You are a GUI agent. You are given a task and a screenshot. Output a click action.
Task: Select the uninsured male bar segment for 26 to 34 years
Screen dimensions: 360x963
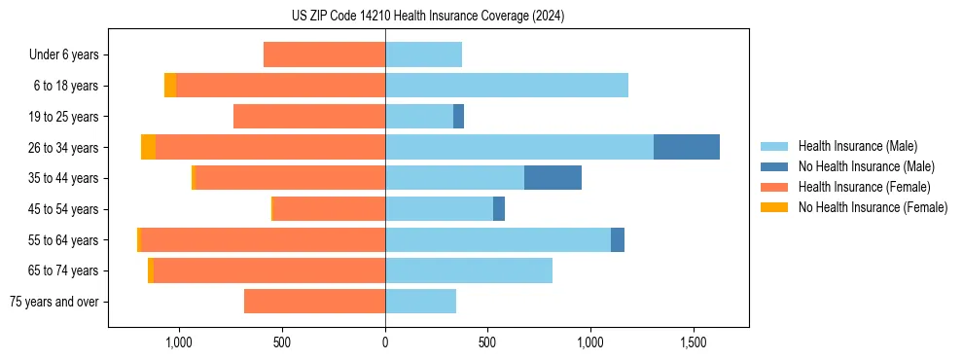point(686,147)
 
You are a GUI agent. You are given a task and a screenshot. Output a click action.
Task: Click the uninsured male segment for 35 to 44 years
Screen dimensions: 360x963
point(553,178)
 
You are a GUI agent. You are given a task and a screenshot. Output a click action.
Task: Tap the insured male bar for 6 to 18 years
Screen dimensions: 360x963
point(507,86)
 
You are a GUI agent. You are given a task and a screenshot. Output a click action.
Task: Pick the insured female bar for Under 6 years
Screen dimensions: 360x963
point(324,54)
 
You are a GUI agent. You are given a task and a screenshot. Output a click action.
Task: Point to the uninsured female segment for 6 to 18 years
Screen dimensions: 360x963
point(170,86)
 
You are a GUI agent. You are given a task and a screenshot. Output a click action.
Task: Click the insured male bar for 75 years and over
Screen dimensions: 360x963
point(420,302)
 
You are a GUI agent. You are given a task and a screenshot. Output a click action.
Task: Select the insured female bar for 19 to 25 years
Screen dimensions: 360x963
point(309,117)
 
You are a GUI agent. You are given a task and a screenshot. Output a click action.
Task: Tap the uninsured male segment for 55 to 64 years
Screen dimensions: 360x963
point(618,239)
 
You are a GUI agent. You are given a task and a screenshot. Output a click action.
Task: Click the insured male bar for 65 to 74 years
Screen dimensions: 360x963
point(469,270)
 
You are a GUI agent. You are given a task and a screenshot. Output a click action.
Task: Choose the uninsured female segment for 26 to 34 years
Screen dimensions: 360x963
point(148,147)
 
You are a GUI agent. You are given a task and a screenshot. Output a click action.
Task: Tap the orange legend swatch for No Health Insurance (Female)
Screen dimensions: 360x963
point(774,207)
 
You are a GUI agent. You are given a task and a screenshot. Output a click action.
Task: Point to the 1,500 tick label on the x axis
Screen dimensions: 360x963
point(694,342)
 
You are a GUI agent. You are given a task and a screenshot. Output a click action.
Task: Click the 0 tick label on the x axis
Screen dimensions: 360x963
point(385,342)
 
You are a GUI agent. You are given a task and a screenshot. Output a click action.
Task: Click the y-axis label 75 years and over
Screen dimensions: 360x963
point(53,302)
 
